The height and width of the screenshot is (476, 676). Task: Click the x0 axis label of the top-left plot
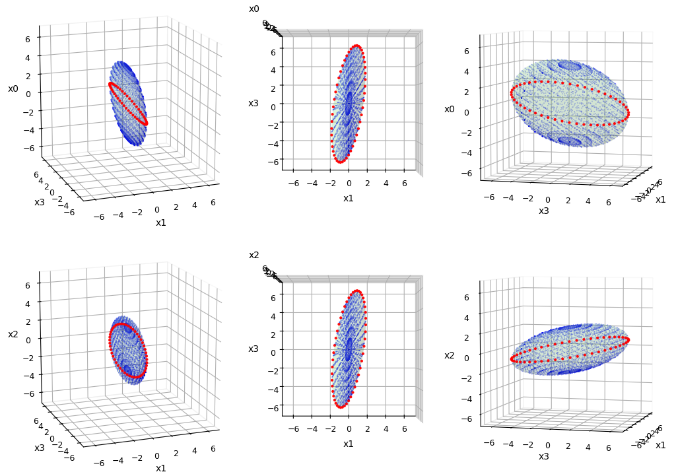point(13,88)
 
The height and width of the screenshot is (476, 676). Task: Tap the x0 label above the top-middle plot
point(254,9)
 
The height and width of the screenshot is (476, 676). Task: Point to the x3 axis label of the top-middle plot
point(253,103)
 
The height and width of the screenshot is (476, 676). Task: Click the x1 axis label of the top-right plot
point(660,199)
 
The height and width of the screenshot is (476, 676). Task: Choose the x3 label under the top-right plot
point(544,211)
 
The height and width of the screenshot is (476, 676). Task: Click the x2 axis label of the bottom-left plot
point(13,335)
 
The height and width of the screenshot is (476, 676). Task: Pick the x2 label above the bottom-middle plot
point(254,255)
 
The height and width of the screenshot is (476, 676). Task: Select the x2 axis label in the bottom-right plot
point(450,355)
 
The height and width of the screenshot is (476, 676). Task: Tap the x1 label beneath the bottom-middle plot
point(349,444)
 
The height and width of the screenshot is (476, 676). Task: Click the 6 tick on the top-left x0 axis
point(28,39)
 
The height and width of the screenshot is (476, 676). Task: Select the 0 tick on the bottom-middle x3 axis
point(273,353)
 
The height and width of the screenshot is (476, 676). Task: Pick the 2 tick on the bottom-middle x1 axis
point(367,428)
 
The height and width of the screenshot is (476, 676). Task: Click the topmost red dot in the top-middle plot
point(357,46)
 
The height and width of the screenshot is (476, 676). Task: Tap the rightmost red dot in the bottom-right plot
point(626,340)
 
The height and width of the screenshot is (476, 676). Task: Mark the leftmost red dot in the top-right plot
point(512,94)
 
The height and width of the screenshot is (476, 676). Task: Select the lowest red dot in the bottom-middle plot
point(341,407)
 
